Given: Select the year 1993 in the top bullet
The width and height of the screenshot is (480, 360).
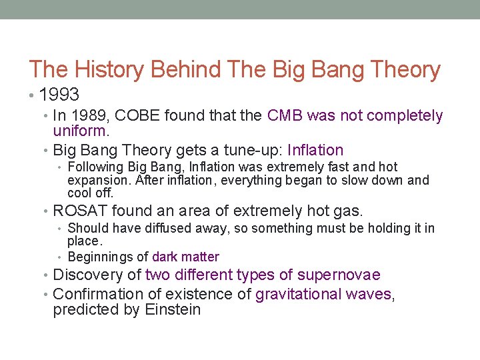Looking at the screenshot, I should pyautogui.click(x=59, y=95).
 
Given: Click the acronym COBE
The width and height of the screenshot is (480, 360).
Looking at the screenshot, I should pyautogui.click(x=141, y=116).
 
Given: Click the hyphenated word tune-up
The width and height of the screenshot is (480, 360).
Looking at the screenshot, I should pyautogui.click(x=250, y=151).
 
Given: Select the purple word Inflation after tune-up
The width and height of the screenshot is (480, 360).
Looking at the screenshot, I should pyautogui.click(x=315, y=151).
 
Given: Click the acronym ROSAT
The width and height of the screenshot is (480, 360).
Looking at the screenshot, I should pyautogui.click(x=80, y=211).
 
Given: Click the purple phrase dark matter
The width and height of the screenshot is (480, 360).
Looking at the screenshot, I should pyautogui.click(x=185, y=257).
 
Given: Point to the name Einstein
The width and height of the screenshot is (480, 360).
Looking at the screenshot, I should pyautogui.click(x=171, y=310).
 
